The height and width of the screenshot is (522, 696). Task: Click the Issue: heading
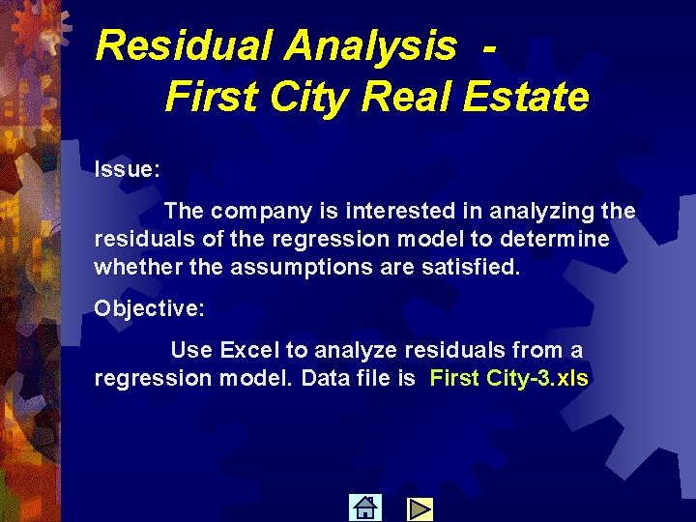127,169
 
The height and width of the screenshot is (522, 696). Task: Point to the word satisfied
471,266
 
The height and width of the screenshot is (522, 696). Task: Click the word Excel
250,349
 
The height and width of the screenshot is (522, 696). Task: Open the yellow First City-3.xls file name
508,377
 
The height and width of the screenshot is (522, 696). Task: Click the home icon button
364,507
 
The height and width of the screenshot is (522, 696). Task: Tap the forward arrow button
419,507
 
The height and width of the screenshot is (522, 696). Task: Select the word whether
132,266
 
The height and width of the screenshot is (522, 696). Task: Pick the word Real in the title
398,97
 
